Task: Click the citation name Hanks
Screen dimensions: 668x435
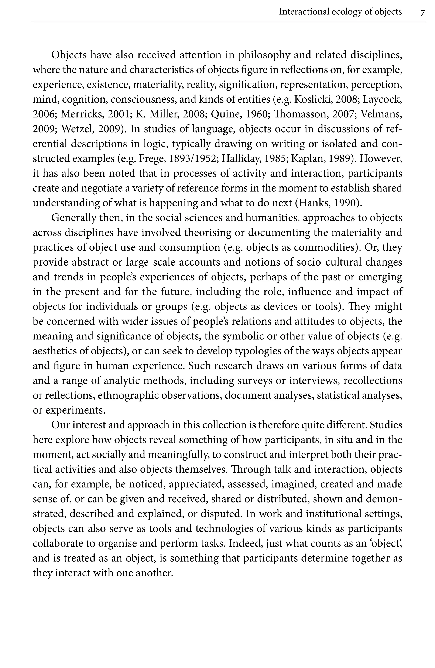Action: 313,203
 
